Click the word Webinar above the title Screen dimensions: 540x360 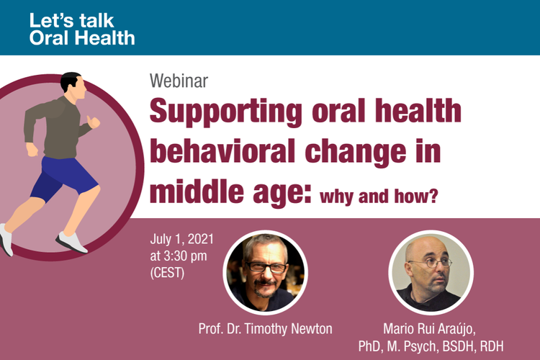179,81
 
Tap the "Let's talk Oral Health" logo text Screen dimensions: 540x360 82,30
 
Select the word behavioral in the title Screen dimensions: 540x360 222,150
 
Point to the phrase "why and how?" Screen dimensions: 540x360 379,197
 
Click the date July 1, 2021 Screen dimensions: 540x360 182,239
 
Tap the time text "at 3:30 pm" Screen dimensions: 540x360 179,256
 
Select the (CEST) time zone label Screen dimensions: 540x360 167,273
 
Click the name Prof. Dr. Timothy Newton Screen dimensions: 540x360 265,329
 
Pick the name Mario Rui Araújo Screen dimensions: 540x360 429,328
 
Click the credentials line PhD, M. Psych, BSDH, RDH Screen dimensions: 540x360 431,346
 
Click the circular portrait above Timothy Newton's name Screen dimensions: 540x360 265,272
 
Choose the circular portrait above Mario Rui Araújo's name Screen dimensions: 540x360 431,272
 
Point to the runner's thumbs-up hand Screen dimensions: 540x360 94,122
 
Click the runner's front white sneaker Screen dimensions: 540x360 71,242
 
